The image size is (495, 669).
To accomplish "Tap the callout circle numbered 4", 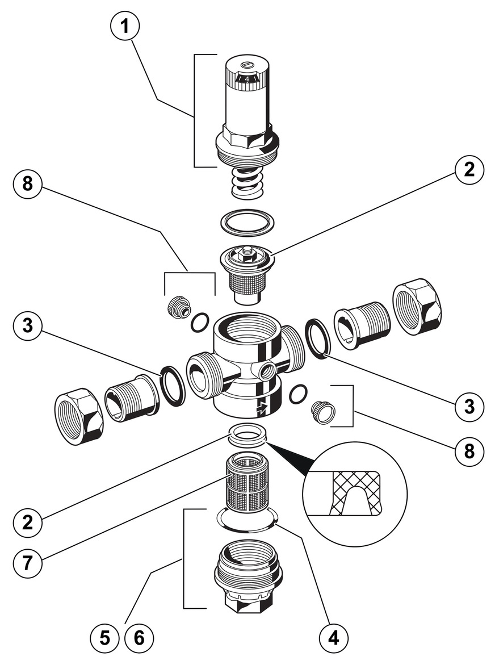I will pos(333,638).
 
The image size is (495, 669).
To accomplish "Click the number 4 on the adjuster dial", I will pos(247,79).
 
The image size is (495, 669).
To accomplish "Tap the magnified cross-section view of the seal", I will pos(355,494).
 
